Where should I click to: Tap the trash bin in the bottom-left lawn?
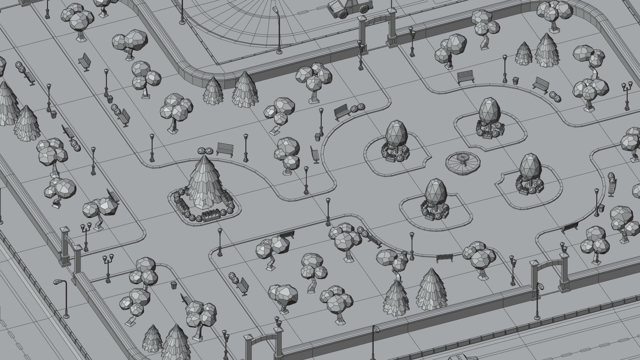[173, 285]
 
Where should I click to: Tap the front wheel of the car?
[342, 14]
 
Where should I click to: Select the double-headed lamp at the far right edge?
[627, 95]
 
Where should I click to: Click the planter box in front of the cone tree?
[211, 217]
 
